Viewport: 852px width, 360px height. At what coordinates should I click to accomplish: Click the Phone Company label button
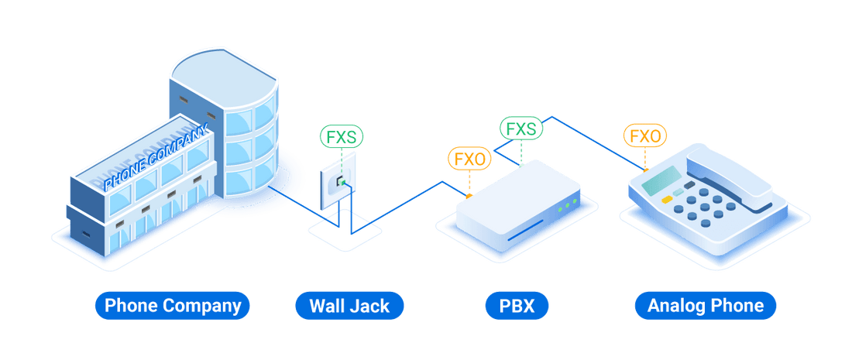coord(172,305)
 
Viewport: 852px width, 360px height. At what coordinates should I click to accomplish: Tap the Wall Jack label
coord(349,305)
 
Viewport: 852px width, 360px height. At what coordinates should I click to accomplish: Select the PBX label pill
coord(517,305)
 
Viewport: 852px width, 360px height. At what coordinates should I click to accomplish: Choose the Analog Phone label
coord(706,305)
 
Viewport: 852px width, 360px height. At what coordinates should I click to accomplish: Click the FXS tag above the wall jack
coord(342,138)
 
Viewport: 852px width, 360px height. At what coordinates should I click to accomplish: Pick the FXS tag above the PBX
coord(520,129)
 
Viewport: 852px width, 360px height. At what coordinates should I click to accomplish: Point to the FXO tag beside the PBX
coord(469,159)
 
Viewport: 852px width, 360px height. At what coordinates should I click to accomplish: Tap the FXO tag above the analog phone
coord(644,136)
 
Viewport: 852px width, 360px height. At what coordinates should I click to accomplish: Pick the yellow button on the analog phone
coord(665,199)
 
